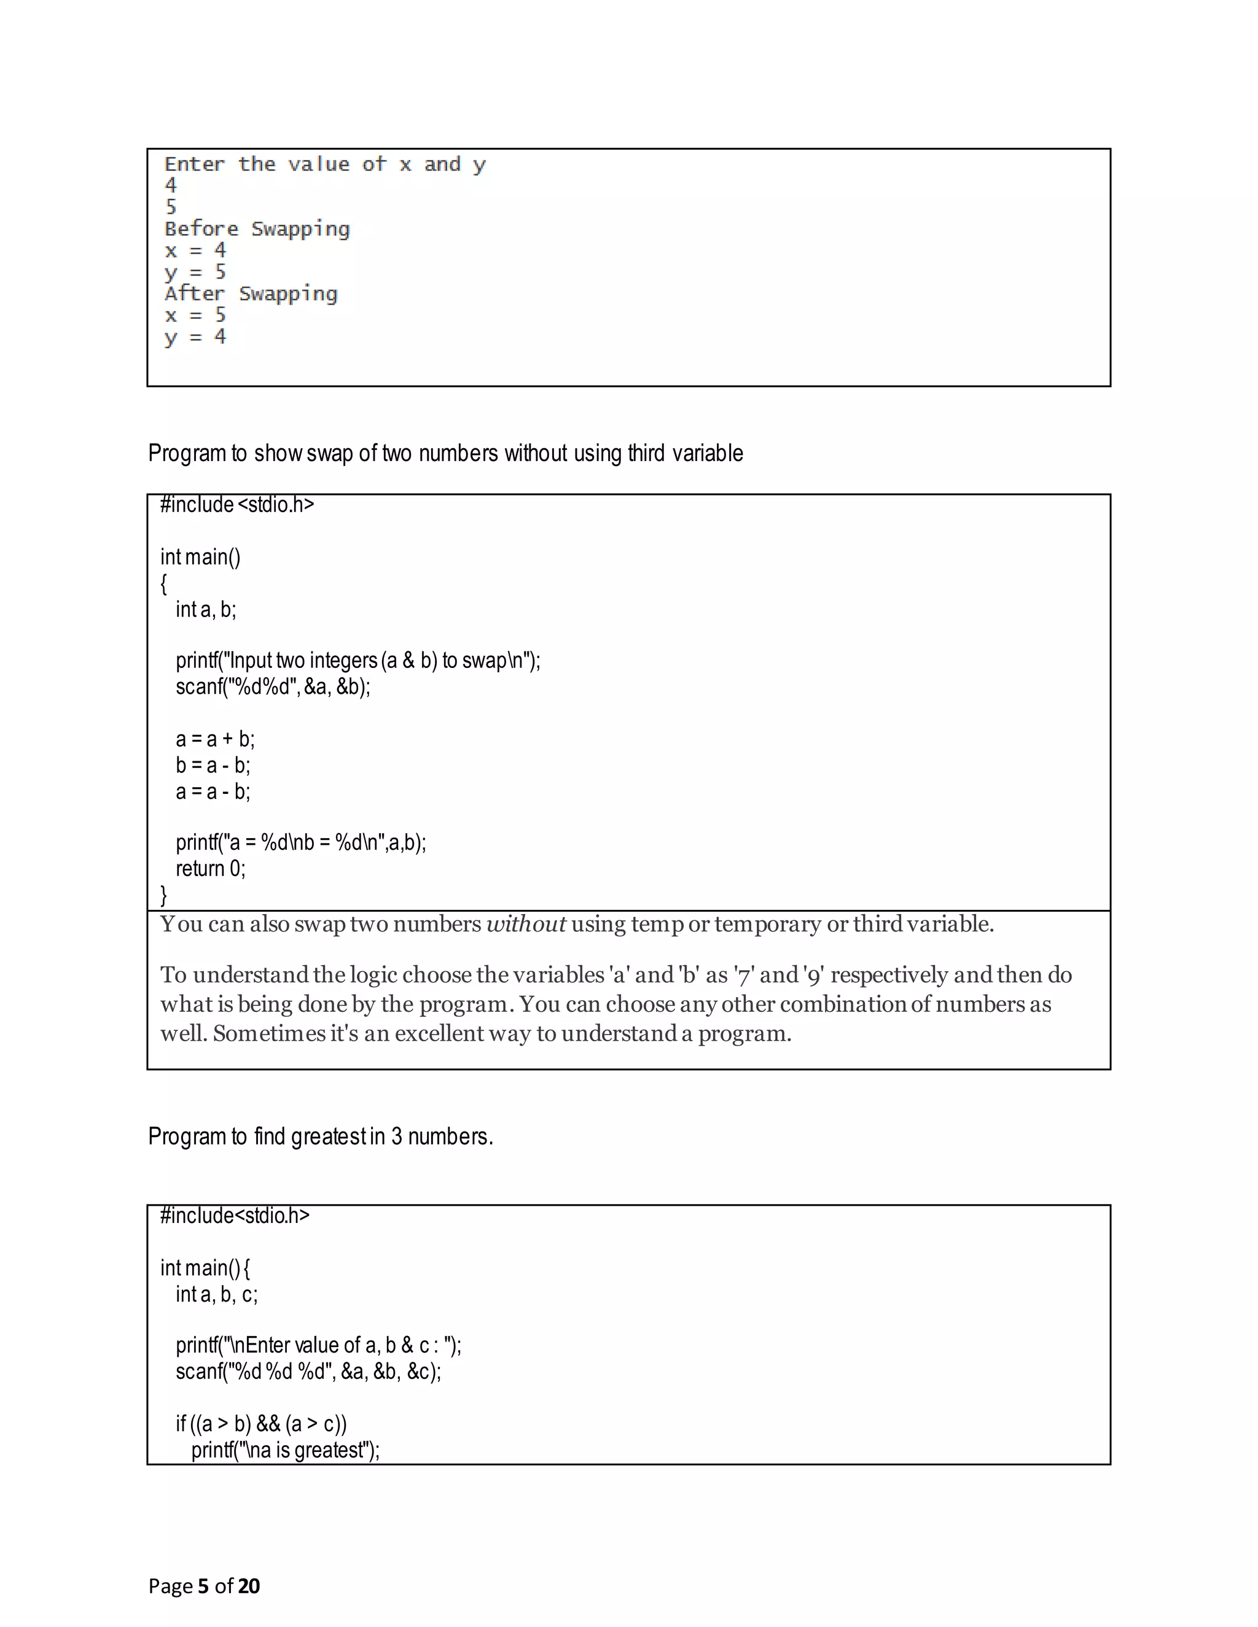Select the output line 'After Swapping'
[x=251, y=293]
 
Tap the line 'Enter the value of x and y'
[x=324, y=165]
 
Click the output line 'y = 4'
[x=195, y=336]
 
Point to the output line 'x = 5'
[x=195, y=315]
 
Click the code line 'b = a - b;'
[x=213, y=765]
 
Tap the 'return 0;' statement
[x=210, y=869]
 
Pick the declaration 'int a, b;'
[x=206, y=610]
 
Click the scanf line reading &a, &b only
[x=273, y=686]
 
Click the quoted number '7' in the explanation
[x=741, y=975]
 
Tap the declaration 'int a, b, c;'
[x=216, y=1294]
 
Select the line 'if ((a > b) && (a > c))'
[x=261, y=1424]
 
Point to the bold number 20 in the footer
[x=249, y=1586]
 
